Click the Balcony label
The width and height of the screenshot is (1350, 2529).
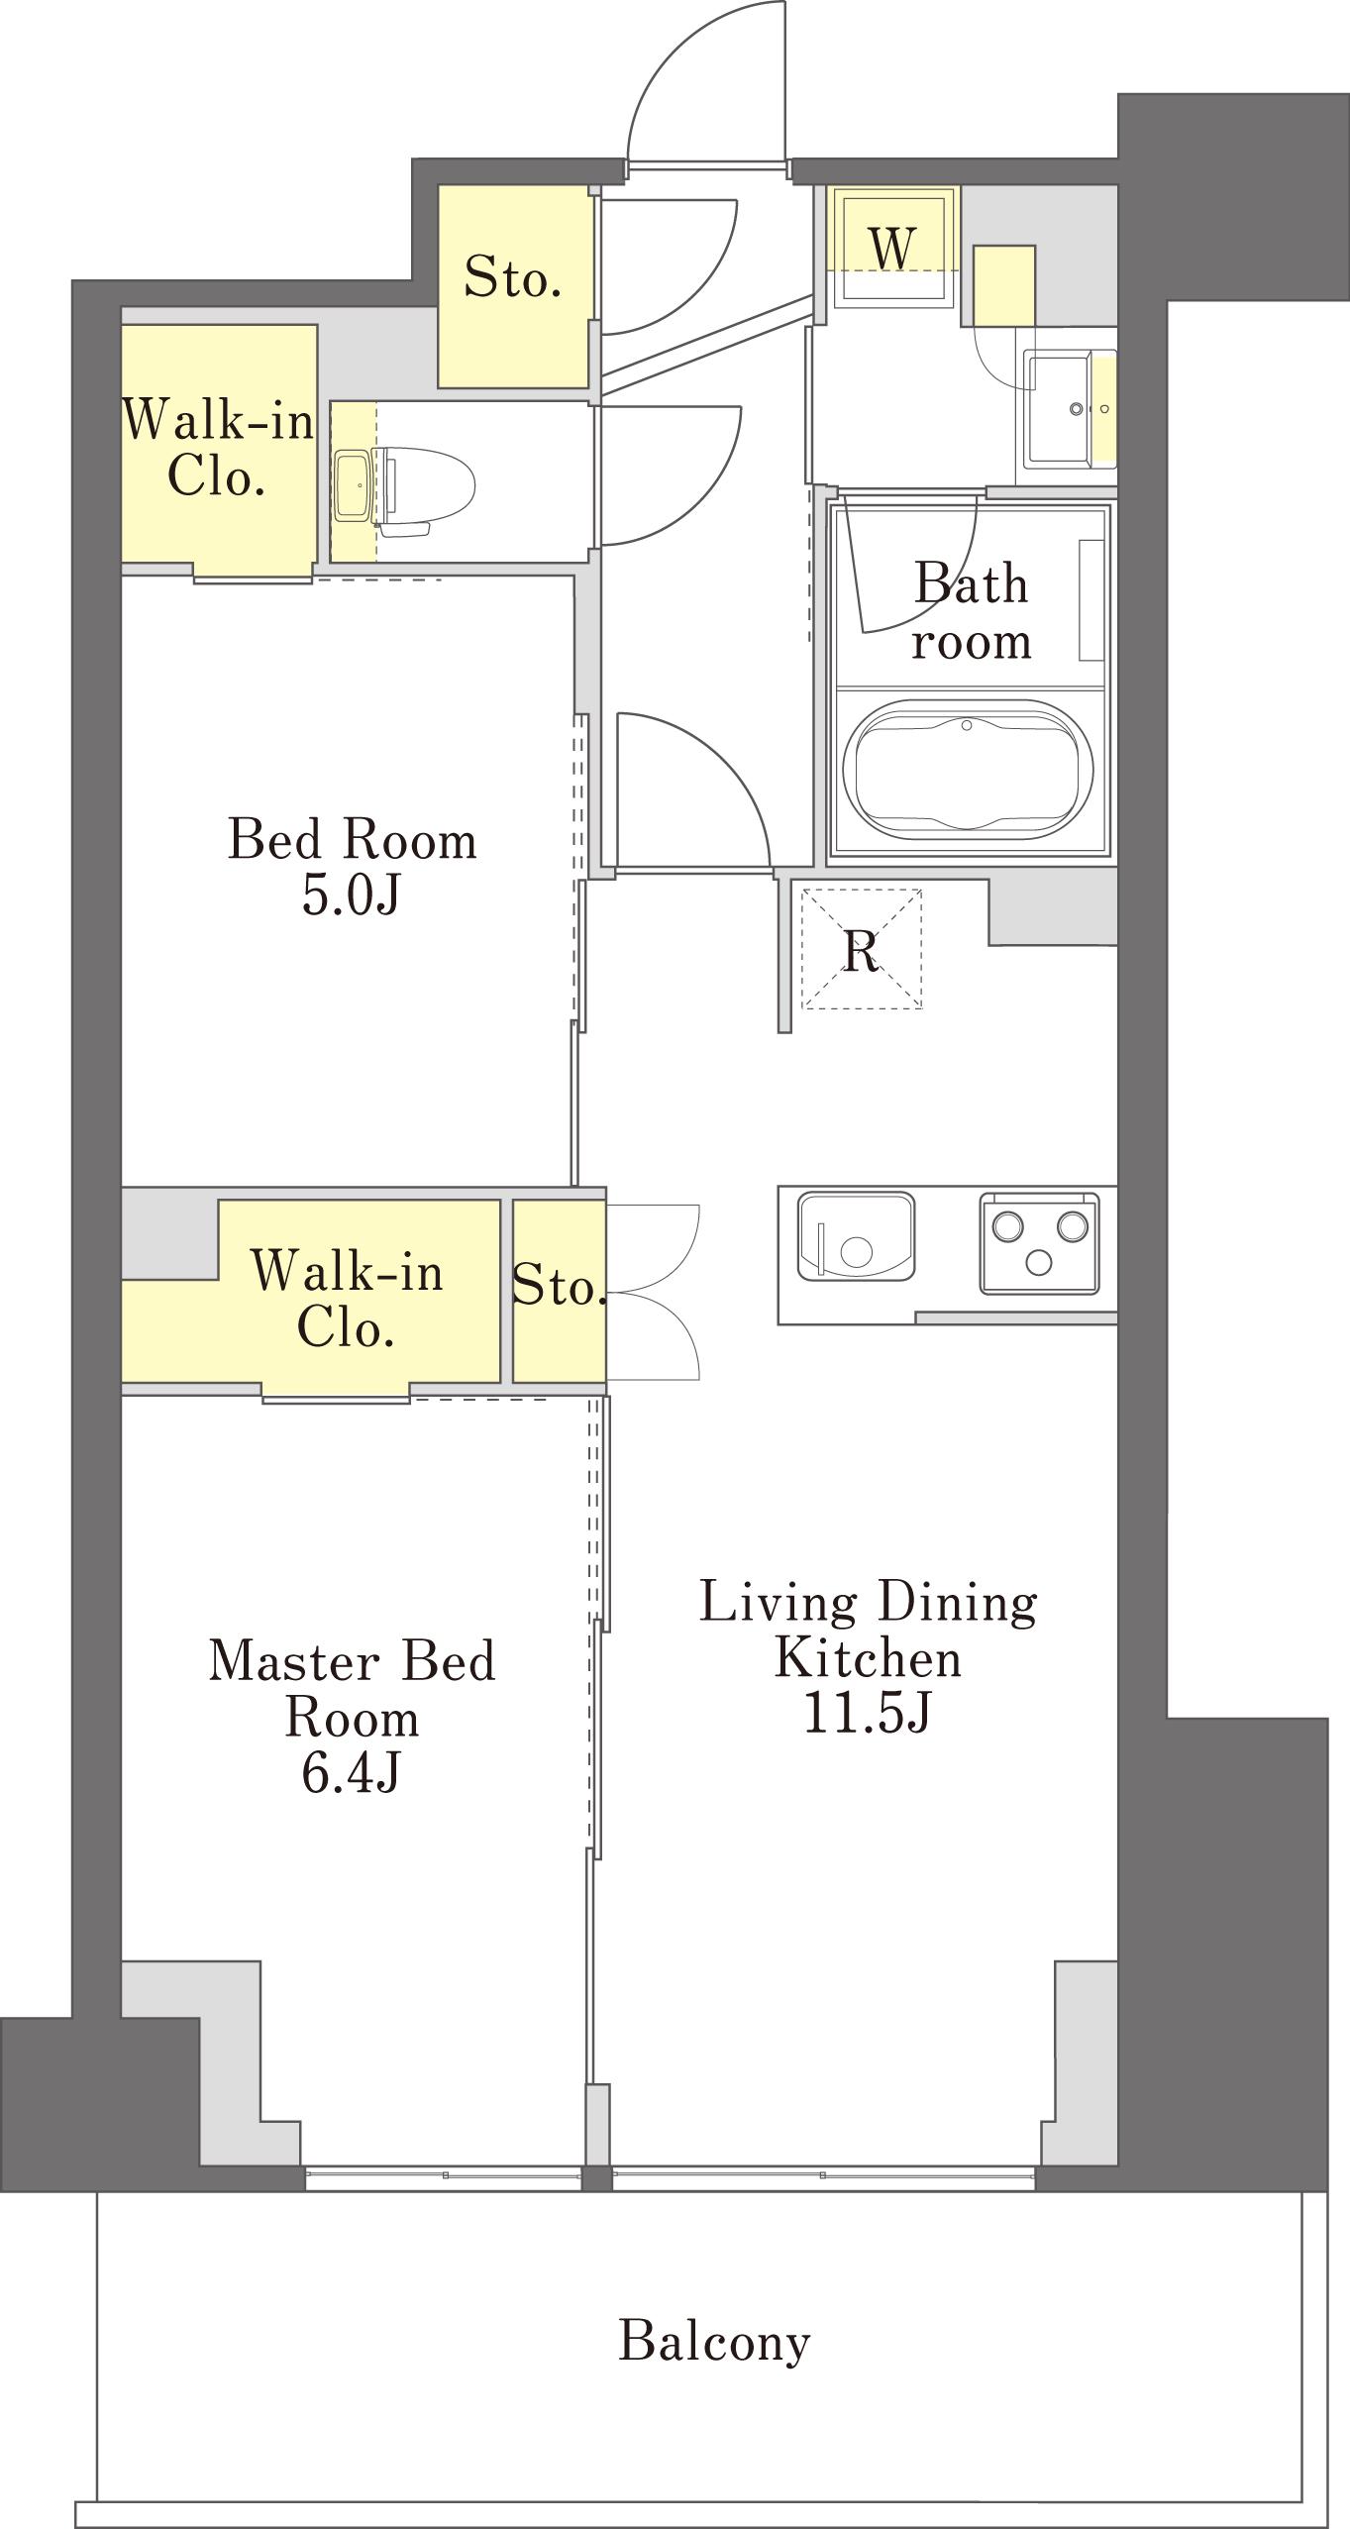tap(714, 2343)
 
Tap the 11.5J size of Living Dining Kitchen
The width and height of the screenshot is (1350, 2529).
tap(867, 1714)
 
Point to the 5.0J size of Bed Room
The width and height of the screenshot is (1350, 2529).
tap(351, 896)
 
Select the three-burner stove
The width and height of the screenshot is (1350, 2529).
tap(1040, 1243)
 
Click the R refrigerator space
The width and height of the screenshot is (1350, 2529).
tap(862, 950)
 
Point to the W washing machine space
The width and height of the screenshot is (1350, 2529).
tap(893, 247)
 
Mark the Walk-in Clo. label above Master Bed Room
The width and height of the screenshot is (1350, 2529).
tap(347, 1299)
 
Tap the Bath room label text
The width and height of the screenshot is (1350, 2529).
tap(971, 611)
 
